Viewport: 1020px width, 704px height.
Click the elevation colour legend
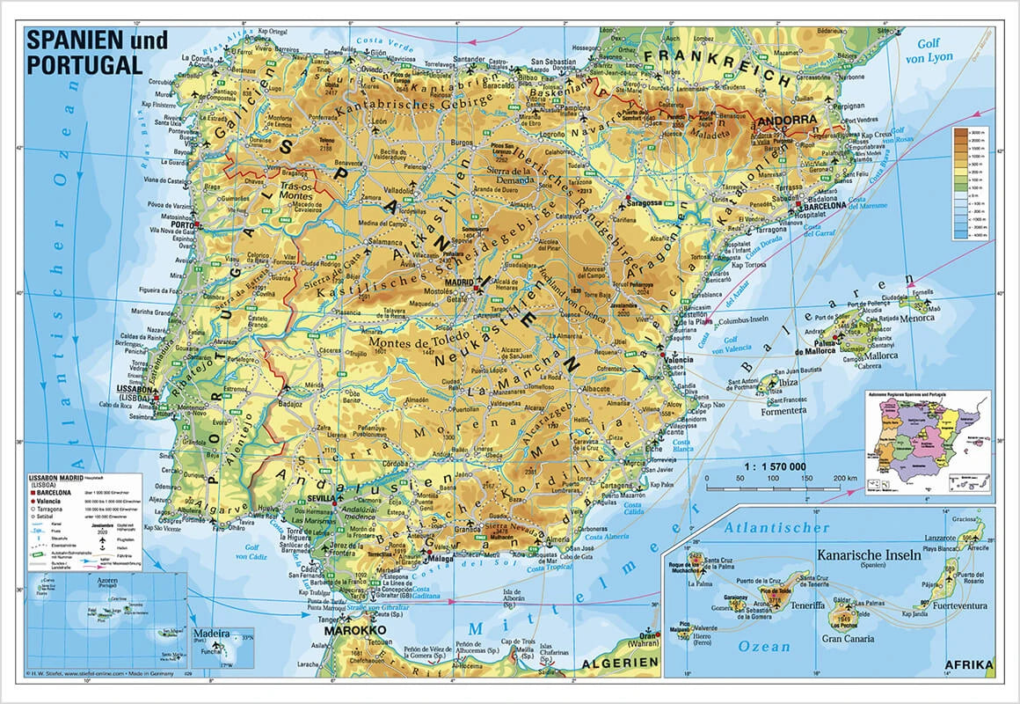[x=970, y=183]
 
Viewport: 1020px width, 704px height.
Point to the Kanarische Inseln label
[x=868, y=555]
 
